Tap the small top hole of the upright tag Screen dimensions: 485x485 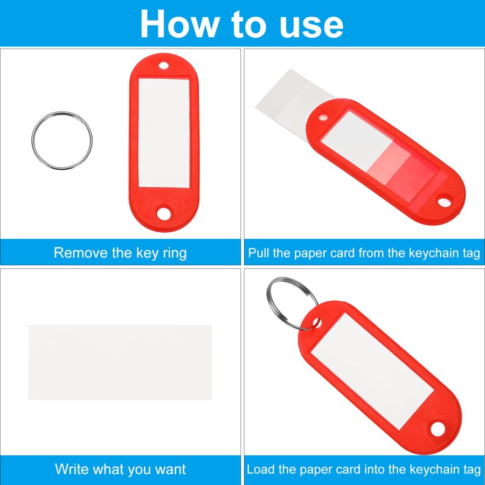tap(164, 66)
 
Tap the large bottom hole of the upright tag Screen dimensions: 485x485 tap(164, 213)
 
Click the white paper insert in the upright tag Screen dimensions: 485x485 tap(164, 133)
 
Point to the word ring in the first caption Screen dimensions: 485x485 tap(175, 254)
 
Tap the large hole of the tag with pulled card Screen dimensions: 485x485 tap(444, 202)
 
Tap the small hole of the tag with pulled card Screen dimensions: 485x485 tap(323, 117)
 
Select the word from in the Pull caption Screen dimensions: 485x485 tap(371, 253)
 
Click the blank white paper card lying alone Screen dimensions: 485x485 tap(120, 362)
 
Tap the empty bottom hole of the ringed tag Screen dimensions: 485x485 tap(438, 429)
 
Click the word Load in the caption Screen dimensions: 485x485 tap(260, 469)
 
